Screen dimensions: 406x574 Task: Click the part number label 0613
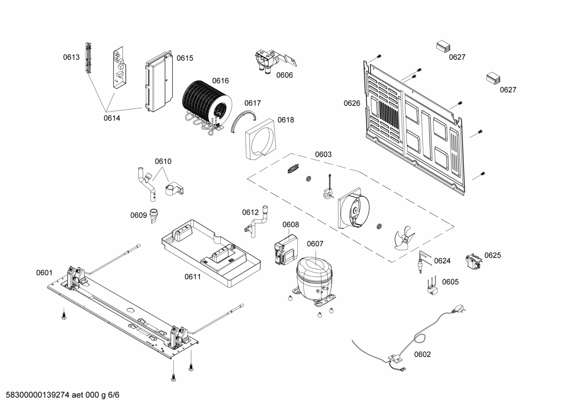[71, 57]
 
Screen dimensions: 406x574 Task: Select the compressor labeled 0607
[314, 277]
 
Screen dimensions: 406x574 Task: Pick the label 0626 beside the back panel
[352, 104]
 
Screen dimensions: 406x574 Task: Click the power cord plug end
[461, 310]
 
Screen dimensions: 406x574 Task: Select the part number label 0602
[422, 355]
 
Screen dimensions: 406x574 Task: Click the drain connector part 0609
[154, 215]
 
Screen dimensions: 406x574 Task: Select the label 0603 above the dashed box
[323, 154]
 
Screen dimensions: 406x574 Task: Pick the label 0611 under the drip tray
[193, 277]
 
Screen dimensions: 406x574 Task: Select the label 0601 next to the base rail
[44, 273]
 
